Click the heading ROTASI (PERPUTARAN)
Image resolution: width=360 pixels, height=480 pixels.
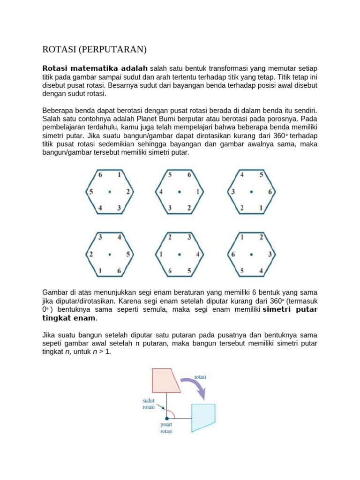click(95, 49)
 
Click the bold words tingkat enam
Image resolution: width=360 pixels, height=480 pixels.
click(69, 318)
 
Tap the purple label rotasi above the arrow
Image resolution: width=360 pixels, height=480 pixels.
click(200, 376)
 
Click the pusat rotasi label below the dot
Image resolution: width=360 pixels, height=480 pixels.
click(166, 428)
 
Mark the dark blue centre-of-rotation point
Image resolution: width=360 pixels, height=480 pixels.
click(166, 418)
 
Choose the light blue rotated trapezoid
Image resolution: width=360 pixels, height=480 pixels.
click(203, 418)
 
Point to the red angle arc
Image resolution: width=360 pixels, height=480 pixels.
click(172, 412)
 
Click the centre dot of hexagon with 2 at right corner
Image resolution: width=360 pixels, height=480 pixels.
click(110, 192)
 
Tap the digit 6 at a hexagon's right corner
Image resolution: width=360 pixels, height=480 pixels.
click(270, 192)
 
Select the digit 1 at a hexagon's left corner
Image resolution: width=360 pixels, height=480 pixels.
click(161, 255)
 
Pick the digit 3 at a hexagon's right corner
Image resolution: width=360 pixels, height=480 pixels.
click(270, 255)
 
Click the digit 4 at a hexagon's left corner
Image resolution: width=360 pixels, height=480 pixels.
click(161, 192)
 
